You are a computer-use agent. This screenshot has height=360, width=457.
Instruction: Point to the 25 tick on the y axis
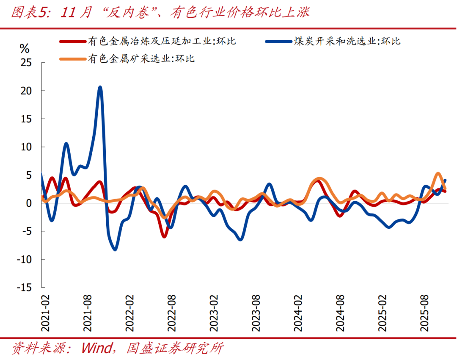pos(26,63)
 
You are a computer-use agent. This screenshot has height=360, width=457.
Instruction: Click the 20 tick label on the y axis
pos(26,91)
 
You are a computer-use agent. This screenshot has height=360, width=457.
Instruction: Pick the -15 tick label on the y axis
pos(24,287)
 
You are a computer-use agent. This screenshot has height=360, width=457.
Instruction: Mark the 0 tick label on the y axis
pos(29,203)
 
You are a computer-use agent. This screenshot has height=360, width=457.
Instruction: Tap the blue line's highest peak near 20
pos(100,87)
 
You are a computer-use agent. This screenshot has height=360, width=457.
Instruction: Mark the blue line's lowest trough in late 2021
pos(115,249)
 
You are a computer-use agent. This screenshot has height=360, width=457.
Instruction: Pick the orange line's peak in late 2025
pos(438,174)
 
